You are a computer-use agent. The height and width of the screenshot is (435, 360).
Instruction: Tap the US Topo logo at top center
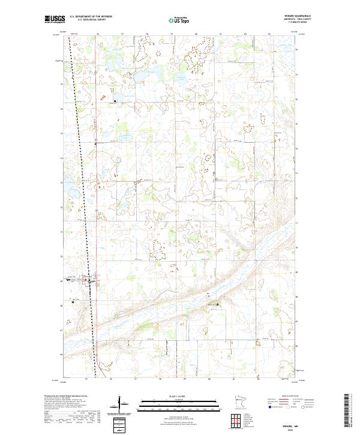click(179, 20)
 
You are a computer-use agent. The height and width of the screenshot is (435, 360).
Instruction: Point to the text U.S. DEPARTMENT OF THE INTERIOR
click(91, 17)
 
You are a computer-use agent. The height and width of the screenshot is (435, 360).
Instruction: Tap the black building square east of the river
click(218, 305)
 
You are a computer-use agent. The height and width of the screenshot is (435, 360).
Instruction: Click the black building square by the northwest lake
click(115, 101)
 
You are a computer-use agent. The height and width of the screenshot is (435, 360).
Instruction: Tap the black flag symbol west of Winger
click(73, 302)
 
